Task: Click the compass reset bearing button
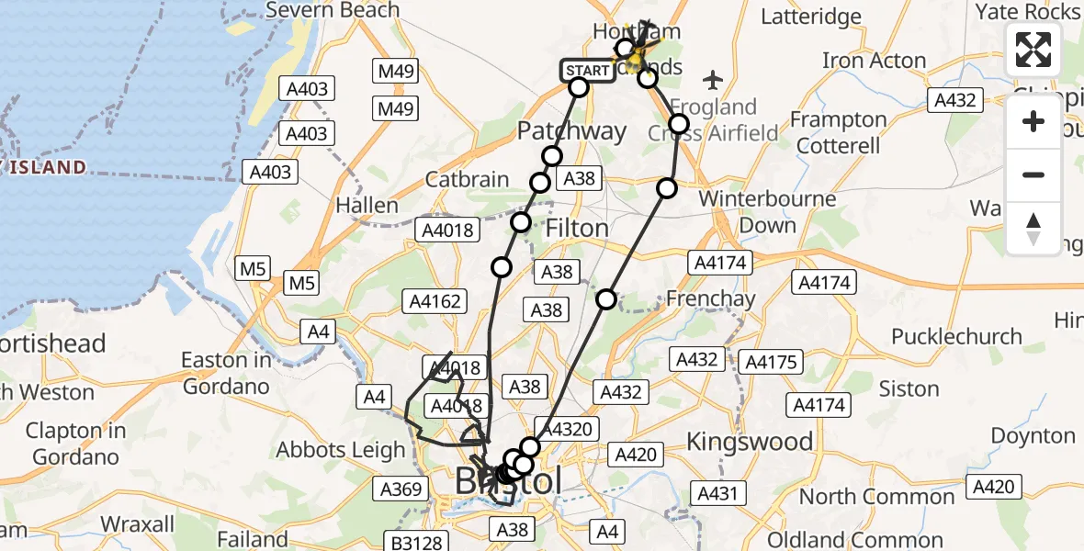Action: tap(1033, 229)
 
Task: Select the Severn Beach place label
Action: tap(333, 11)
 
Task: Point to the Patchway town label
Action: tap(571, 131)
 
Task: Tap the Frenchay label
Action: tap(710, 298)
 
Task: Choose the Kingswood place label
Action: tap(750, 442)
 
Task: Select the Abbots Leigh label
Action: tap(341, 450)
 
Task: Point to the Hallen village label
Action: tap(367, 205)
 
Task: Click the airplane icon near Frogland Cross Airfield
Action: tap(713, 79)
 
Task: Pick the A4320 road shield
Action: tap(570, 428)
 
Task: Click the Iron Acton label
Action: tap(874, 61)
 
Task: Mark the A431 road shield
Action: tap(717, 494)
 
